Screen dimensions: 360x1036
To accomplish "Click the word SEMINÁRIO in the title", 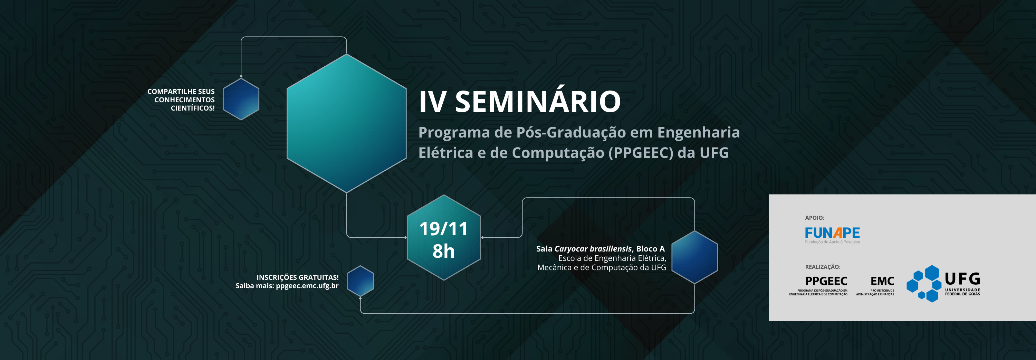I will click(x=538, y=102).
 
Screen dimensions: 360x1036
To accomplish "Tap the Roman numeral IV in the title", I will click(x=432, y=102).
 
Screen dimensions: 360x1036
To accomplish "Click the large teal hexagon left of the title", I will click(x=346, y=123).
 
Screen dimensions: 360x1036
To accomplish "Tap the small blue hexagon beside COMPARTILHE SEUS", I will click(x=241, y=99).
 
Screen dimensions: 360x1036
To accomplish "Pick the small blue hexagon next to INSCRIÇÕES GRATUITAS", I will click(x=360, y=281).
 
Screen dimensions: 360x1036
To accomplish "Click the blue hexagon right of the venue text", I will click(x=694, y=257).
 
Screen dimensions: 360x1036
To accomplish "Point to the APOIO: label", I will click(x=814, y=218).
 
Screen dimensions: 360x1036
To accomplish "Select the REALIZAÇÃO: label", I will click(x=823, y=267).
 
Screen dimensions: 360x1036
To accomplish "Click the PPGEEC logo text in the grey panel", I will click(x=826, y=281).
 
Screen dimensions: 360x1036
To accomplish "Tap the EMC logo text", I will click(x=882, y=281).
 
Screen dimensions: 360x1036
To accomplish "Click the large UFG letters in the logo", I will click(x=962, y=278).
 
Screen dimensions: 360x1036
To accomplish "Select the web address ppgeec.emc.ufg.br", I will click(x=307, y=286).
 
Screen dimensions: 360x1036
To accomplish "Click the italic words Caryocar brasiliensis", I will click(x=593, y=249).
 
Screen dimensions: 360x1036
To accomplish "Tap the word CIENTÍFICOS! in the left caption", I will click(x=193, y=108).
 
